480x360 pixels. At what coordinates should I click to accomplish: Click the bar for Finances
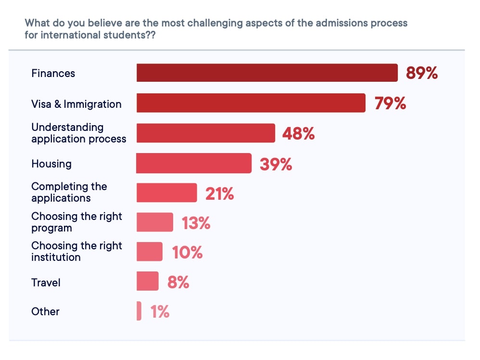267,73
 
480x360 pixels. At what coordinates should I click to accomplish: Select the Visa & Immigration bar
251,103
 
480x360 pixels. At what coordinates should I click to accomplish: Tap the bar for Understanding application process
205,133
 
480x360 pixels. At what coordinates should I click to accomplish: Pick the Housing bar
193,163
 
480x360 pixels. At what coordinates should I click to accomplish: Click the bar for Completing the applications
166,193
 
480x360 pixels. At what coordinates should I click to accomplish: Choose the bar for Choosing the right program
154,222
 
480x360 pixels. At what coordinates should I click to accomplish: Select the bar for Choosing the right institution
149,252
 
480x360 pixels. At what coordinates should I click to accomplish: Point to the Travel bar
147,281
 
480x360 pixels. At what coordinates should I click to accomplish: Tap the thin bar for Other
139,311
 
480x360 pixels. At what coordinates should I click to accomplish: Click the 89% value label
422,73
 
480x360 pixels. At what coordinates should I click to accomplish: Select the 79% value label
391,103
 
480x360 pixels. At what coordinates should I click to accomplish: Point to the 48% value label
298,134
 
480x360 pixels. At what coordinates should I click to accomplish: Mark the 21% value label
219,194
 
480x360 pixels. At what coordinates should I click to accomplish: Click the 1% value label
160,312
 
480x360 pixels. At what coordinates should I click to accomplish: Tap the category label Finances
53,73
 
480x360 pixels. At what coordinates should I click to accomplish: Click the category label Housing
51,164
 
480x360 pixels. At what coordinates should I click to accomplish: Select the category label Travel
46,283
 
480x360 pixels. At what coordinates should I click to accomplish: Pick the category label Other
46,311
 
